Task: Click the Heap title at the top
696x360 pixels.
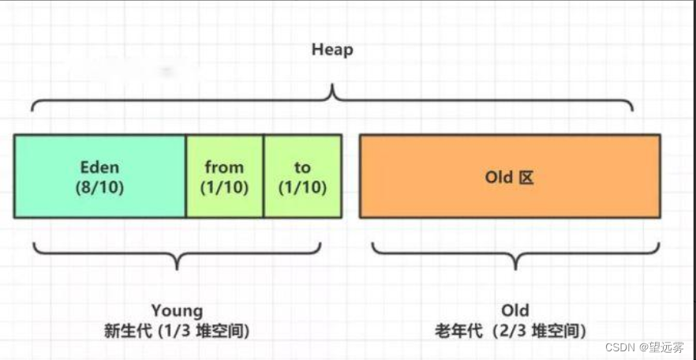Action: [332, 50]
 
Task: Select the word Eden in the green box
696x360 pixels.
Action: [100, 167]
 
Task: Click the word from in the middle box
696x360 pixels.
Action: [224, 167]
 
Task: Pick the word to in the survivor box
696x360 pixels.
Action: [302, 167]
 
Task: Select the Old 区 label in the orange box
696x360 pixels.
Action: [509, 177]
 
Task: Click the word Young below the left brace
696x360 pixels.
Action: [177, 310]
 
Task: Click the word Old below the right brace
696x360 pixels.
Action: [515, 310]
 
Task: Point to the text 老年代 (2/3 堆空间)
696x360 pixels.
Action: [515, 330]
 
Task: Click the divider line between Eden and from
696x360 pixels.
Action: [185, 176]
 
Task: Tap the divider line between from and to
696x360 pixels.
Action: [264, 176]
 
